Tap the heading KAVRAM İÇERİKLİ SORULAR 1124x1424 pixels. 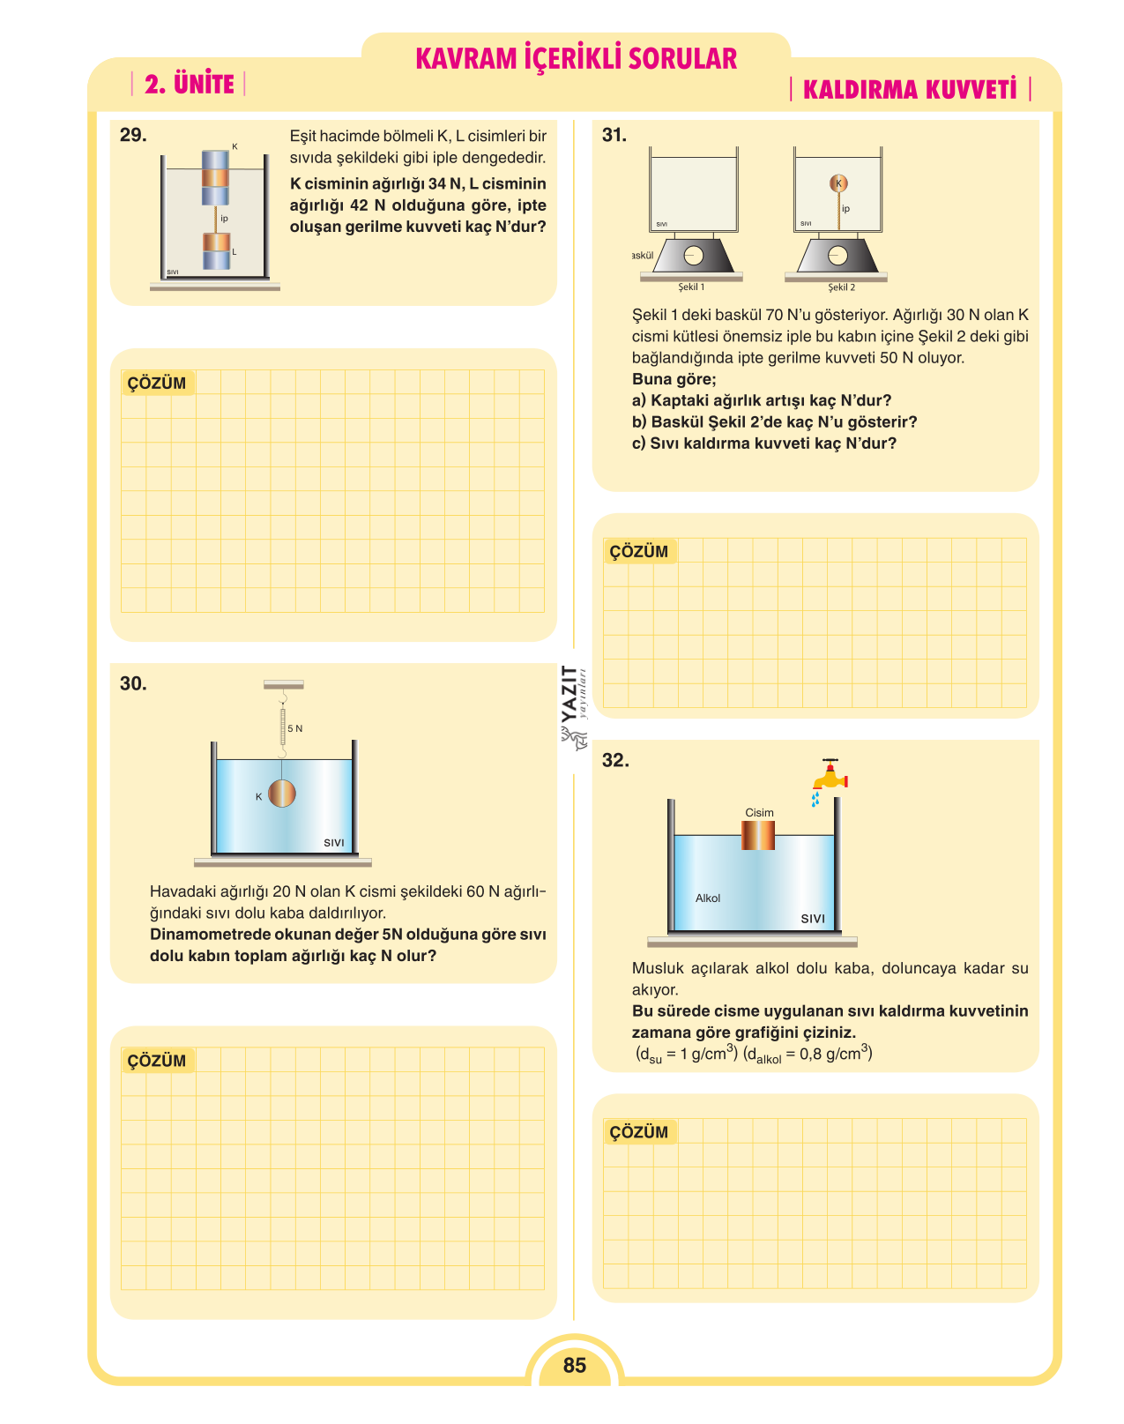click(x=576, y=58)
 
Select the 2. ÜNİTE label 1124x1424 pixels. click(x=190, y=84)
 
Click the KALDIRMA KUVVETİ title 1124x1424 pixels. click(x=910, y=89)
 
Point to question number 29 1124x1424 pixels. click(x=133, y=135)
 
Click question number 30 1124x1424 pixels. click(x=133, y=683)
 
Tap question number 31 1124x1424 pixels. click(x=614, y=135)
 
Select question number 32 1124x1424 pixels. click(x=615, y=760)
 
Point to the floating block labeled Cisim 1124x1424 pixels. click(x=757, y=835)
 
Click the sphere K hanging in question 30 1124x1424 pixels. click(x=281, y=794)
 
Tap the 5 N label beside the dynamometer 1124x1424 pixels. click(x=295, y=728)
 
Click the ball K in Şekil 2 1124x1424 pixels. click(x=838, y=183)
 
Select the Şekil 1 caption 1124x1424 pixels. click(x=691, y=287)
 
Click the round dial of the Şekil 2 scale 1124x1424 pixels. click(x=837, y=256)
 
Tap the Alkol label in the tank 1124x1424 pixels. click(x=707, y=898)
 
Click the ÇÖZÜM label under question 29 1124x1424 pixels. click(x=157, y=384)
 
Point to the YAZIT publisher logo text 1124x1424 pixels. click(x=569, y=694)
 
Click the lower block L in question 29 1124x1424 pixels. click(x=216, y=250)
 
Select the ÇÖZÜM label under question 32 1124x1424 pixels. click(x=638, y=1132)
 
